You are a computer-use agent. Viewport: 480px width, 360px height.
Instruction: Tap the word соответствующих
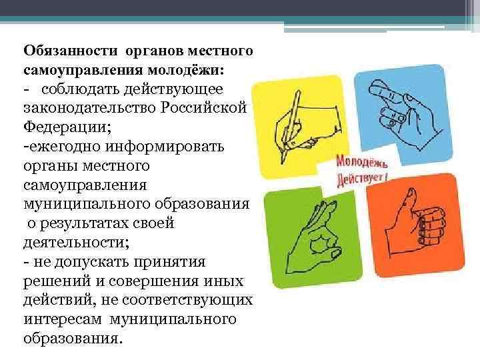(x=187, y=300)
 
